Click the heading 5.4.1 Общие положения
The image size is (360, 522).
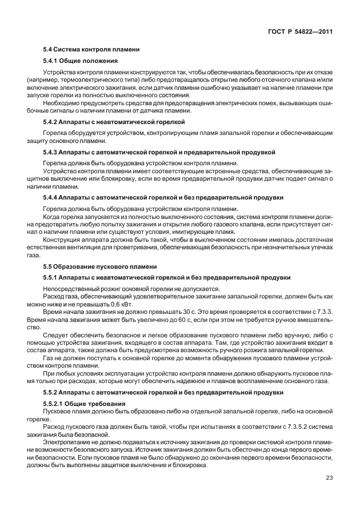coord(81,61)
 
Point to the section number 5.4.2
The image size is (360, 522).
coord(53,122)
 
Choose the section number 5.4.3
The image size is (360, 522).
coord(53,153)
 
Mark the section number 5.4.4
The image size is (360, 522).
coord(53,198)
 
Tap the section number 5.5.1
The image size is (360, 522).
coord(53,277)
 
